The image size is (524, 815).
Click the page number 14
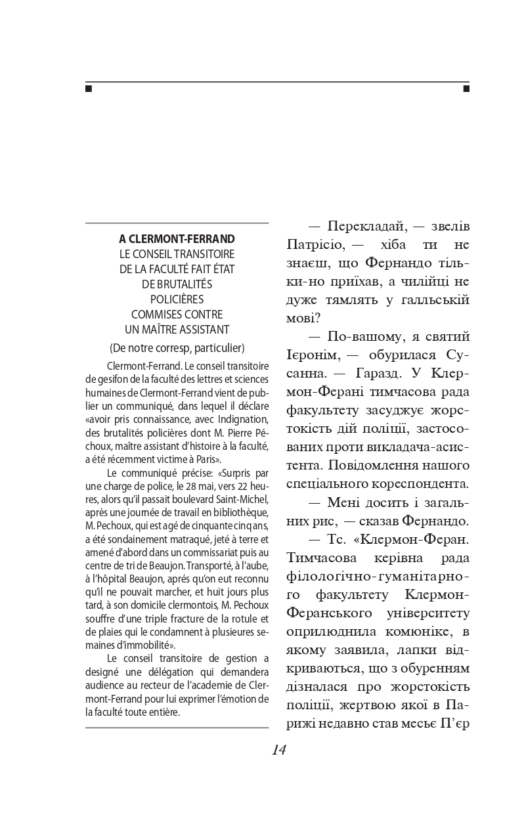pos(278,750)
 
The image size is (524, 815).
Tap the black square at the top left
pos(89,88)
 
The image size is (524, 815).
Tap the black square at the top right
pos(466,88)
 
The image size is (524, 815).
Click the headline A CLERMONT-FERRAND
pos(177,238)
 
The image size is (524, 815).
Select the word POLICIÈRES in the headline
pos(177,299)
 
